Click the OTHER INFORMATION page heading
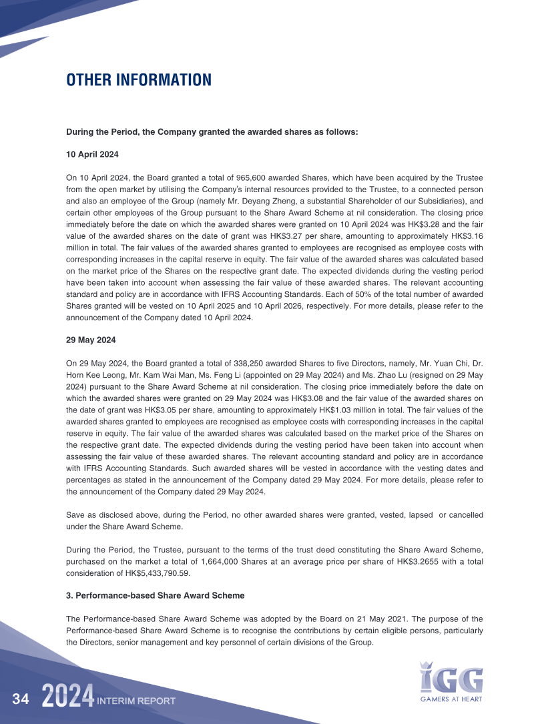139,80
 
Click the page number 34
21,699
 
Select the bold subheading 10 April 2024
92,154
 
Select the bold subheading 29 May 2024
91,340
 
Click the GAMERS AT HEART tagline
451,699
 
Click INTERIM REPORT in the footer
136,701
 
